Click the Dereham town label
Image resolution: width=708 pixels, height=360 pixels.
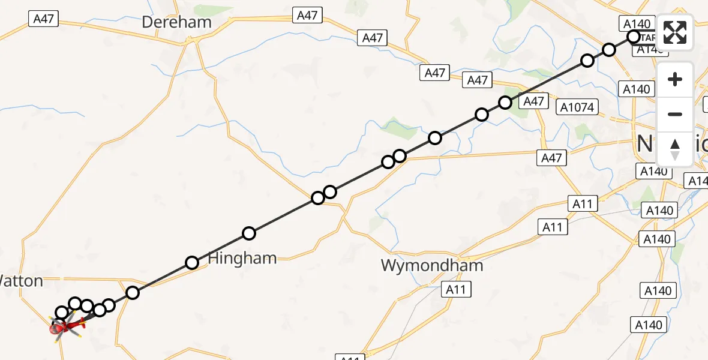point(176,22)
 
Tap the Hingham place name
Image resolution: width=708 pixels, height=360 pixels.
point(242,259)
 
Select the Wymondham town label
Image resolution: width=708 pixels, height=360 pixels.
point(432,265)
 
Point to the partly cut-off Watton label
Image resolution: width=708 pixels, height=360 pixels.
point(21,280)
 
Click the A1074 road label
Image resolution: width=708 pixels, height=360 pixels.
point(577,107)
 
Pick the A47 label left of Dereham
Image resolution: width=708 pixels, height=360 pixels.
point(43,19)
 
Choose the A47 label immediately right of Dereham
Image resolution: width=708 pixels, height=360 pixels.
point(307,15)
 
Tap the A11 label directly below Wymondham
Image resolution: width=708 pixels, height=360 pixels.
point(457,290)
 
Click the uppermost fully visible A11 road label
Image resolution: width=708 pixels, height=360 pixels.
point(582,203)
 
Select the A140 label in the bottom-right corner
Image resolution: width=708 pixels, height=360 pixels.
point(649,325)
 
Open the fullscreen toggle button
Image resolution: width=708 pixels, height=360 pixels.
point(675,32)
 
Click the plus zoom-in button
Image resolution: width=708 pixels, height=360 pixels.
point(675,79)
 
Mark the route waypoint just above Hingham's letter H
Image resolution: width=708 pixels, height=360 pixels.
point(192,262)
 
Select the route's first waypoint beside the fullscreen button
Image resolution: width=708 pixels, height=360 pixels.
point(634,37)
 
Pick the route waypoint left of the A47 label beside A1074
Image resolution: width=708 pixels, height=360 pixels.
point(505,102)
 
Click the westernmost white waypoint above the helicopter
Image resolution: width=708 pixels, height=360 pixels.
point(62,312)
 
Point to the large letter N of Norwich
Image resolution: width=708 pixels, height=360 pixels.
point(645,144)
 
